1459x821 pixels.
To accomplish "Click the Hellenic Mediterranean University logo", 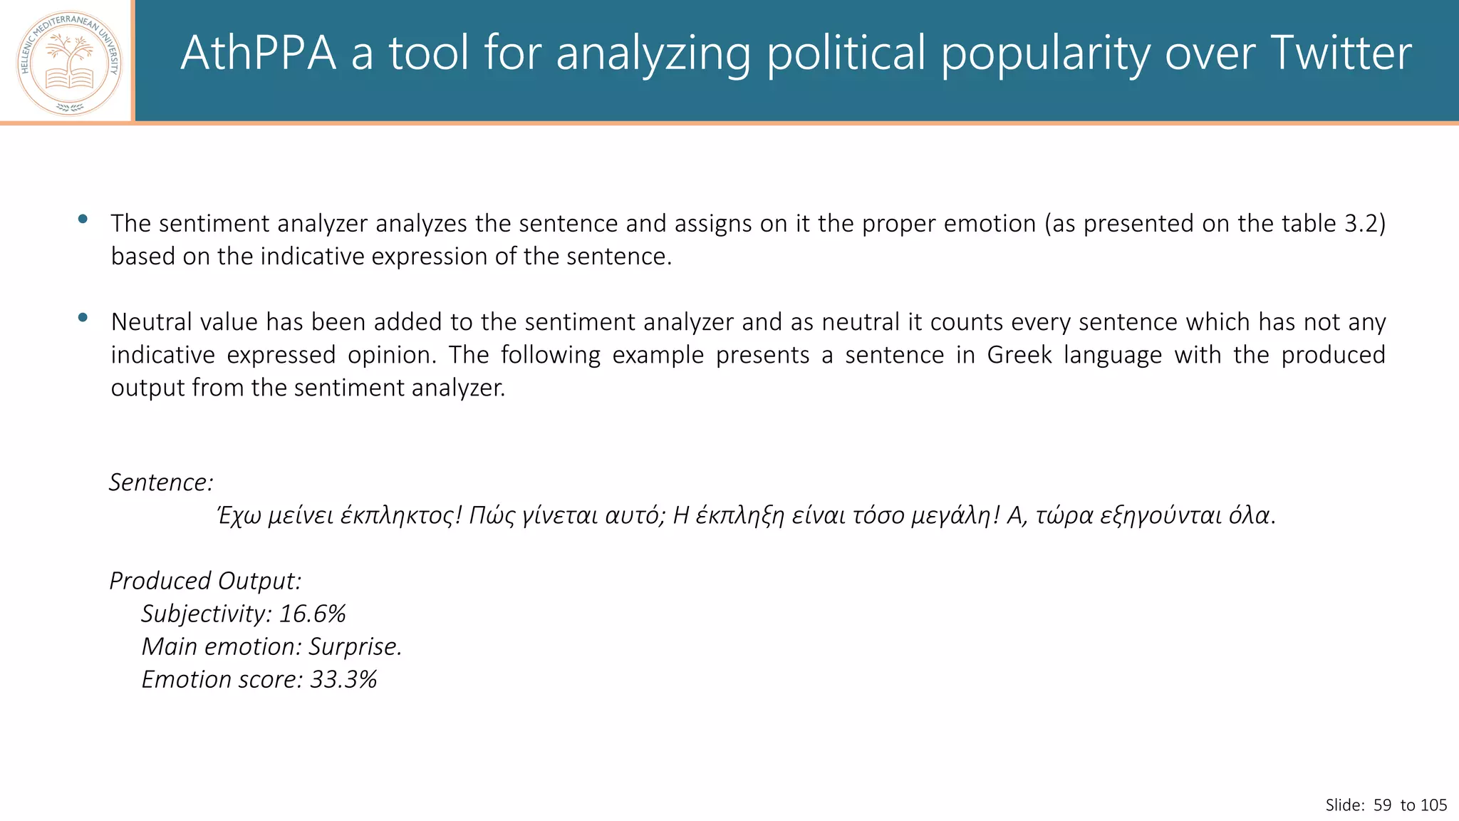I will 69,63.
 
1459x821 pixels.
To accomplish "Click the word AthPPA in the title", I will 258,53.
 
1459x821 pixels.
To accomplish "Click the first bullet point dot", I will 83,219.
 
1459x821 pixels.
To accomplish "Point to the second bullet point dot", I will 83,317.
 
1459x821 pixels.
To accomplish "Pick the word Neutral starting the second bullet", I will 149,322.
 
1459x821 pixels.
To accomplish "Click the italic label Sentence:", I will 161,482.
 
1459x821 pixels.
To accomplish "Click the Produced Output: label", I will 205,581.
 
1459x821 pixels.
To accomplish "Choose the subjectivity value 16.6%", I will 312,614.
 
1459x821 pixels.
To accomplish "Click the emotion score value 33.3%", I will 343,679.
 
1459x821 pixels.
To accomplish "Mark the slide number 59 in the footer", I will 1382,805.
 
